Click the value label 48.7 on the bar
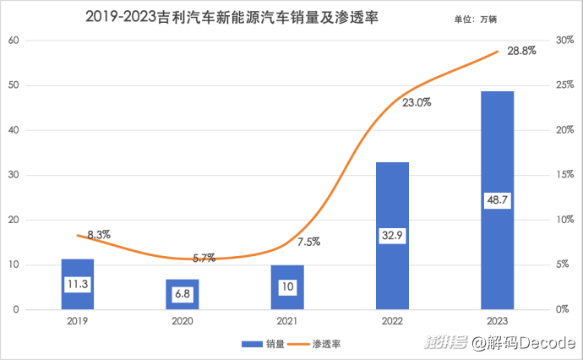pyautogui.click(x=497, y=200)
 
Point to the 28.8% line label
pyautogui.click(x=523, y=52)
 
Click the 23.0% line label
pyautogui.click(x=417, y=102)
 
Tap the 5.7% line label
pyautogui.click(x=203, y=257)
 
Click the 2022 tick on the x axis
pyautogui.click(x=392, y=322)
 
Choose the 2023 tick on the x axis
pyautogui.click(x=497, y=322)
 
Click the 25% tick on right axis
pyautogui.click(x=564, y=85)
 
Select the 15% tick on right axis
pyautogui.click(x=564, y=175)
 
